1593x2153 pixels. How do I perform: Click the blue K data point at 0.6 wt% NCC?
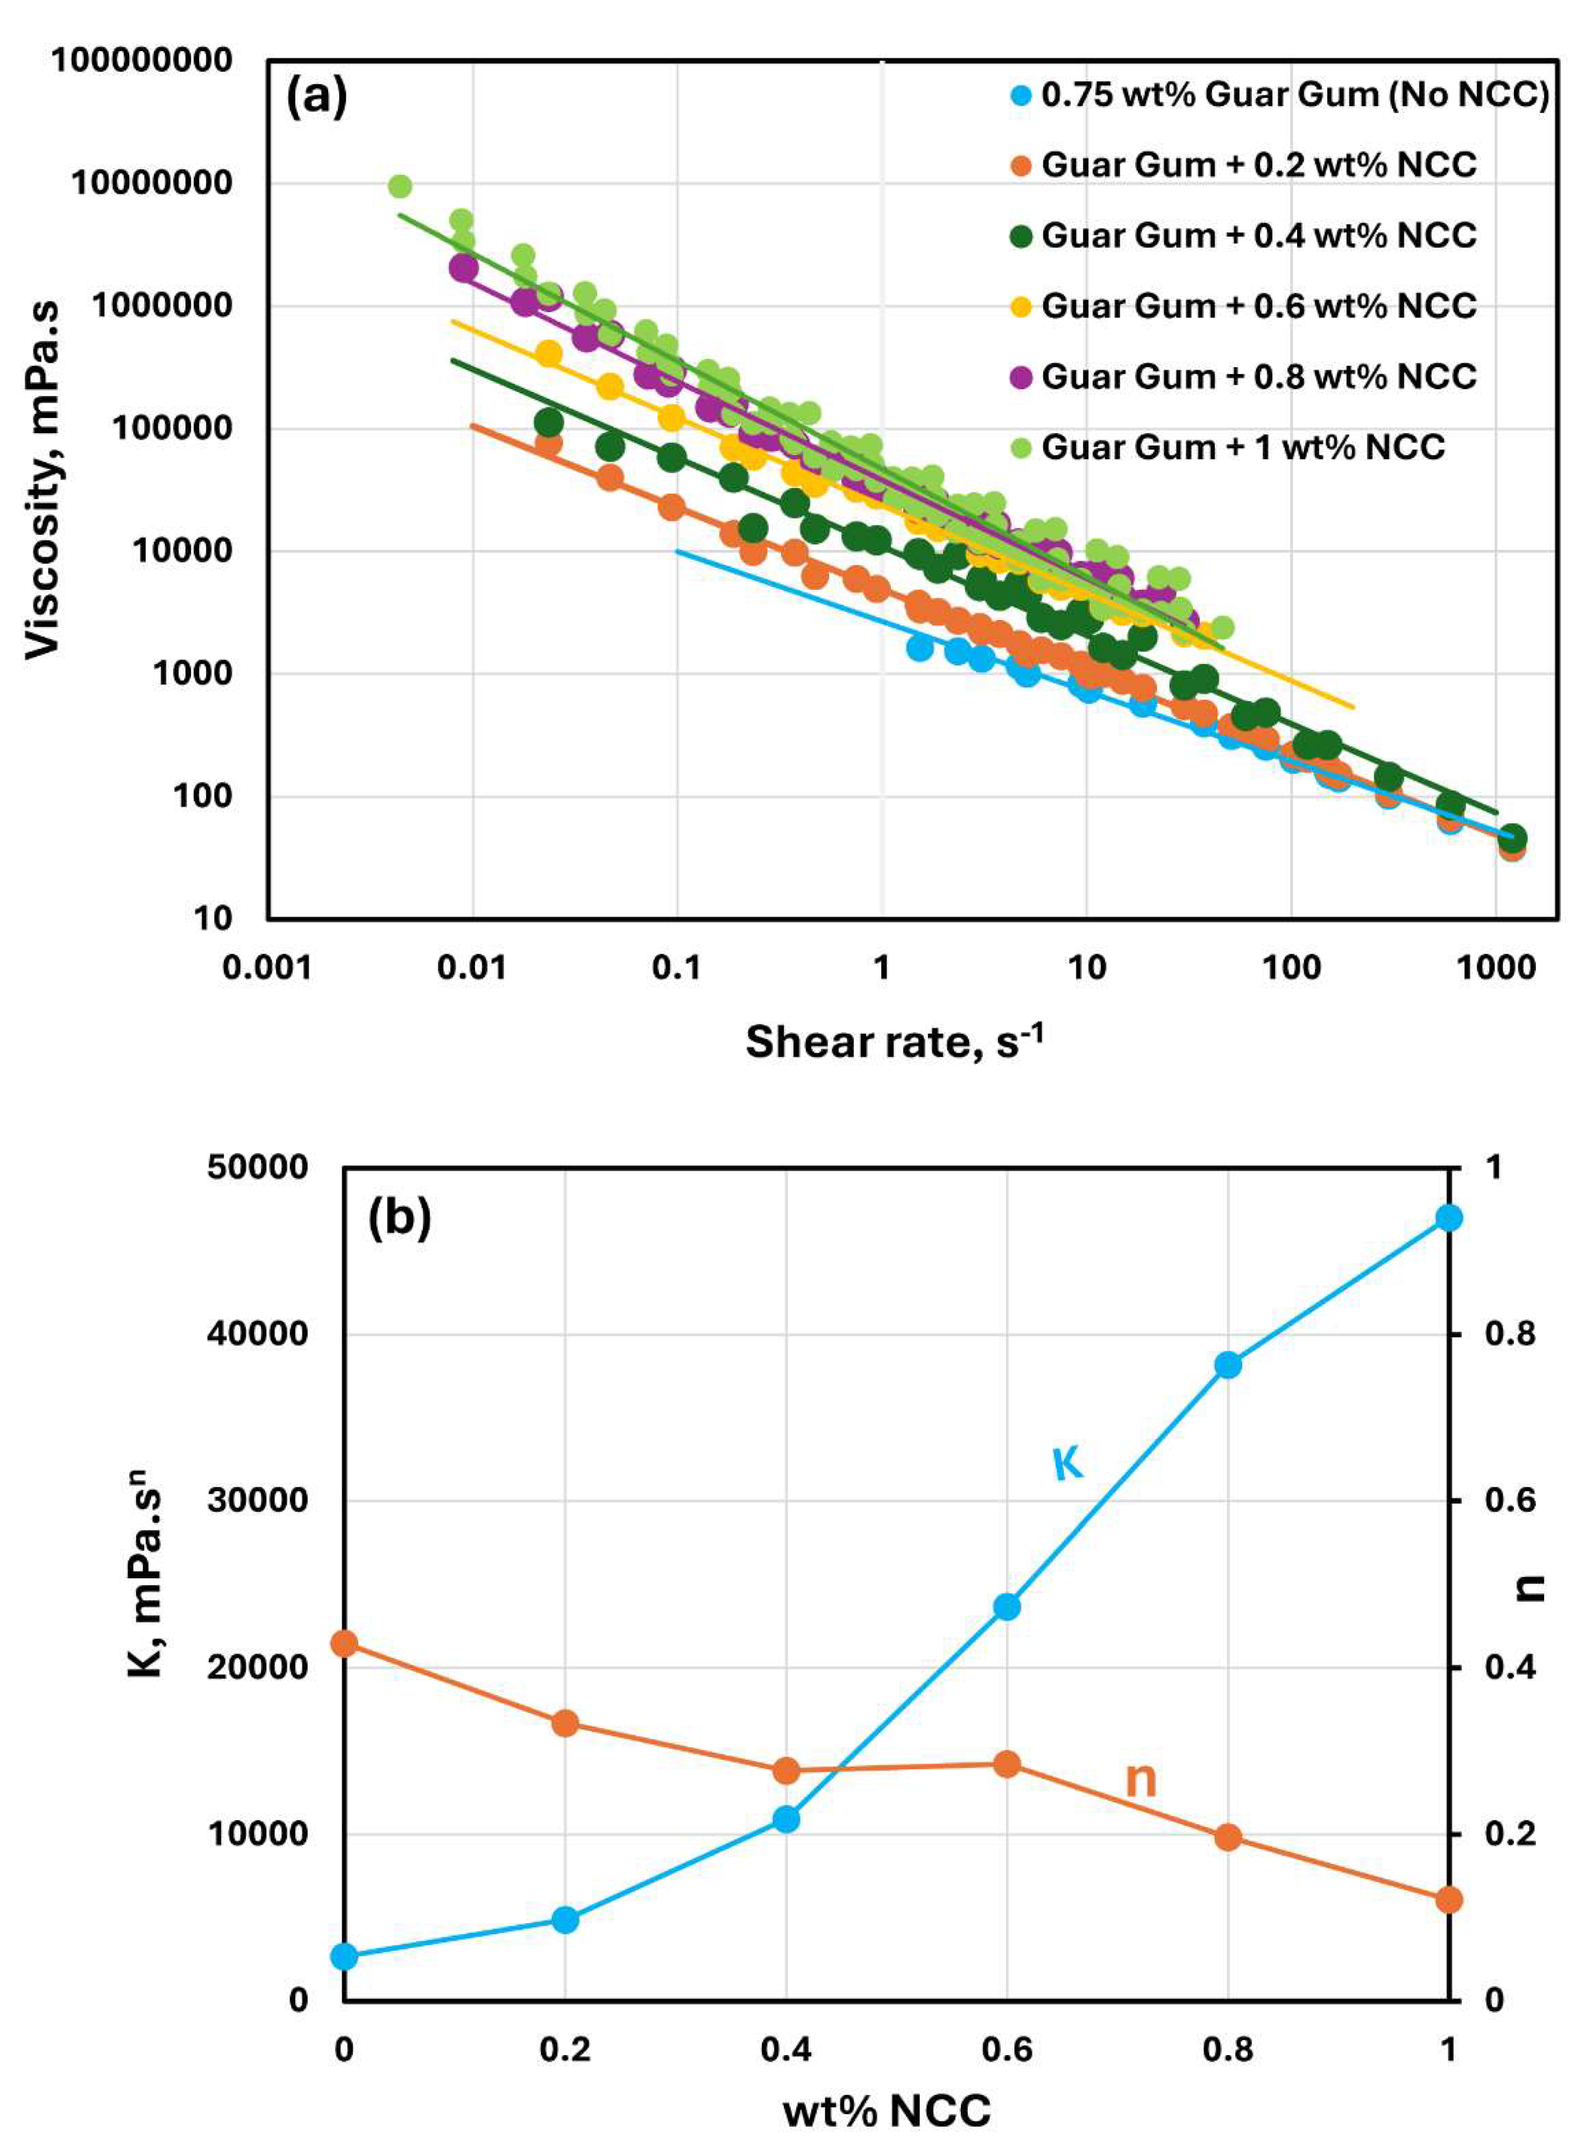coord(1007,1607)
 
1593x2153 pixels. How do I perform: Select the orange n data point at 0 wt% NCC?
coord(344,1643)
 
